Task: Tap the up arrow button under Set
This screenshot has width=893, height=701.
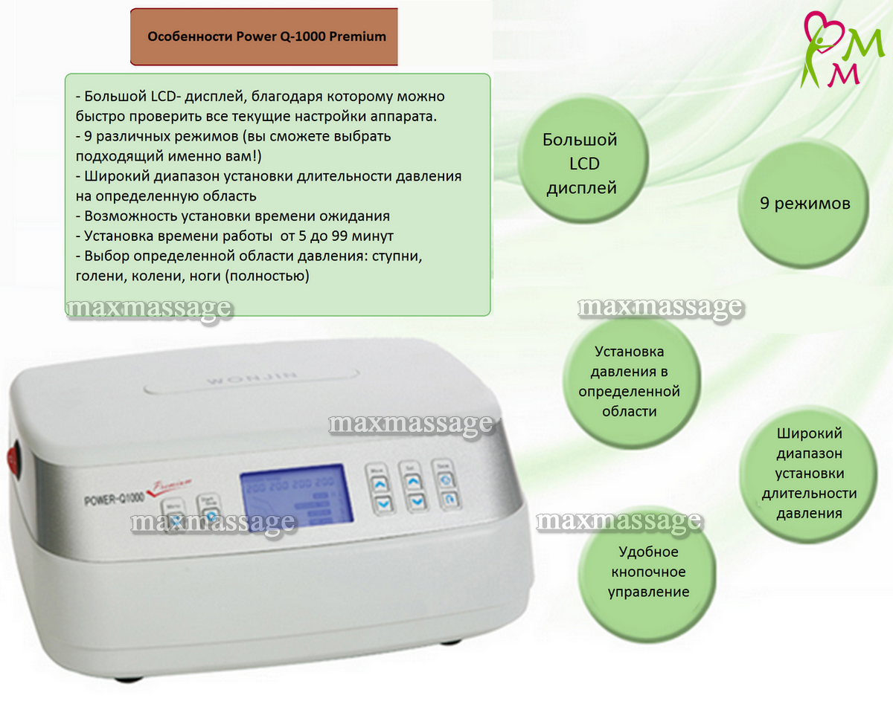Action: (415, 482)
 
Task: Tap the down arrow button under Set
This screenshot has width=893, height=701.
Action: (415, 501)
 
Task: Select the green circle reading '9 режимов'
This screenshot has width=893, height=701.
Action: (804, 203)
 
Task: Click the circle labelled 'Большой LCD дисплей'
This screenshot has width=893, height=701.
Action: (580, 164)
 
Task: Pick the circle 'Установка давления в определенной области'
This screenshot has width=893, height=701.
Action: (629, 381)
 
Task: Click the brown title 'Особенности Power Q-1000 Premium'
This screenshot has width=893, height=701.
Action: (266, 36)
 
